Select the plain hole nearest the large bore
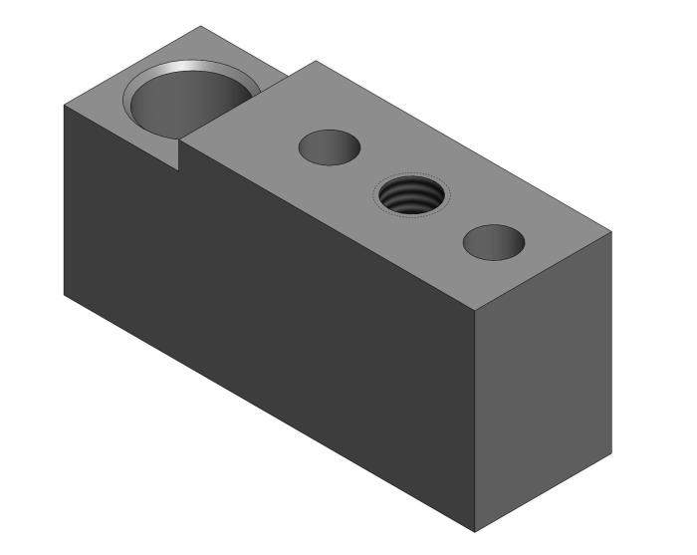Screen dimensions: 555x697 330,146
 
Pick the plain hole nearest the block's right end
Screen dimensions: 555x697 494,242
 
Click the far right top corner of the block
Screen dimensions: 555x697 611,232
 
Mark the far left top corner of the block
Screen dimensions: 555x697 65,104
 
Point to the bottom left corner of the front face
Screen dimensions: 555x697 65,295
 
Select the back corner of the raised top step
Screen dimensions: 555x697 316,61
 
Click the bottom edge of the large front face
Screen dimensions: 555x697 269,413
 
